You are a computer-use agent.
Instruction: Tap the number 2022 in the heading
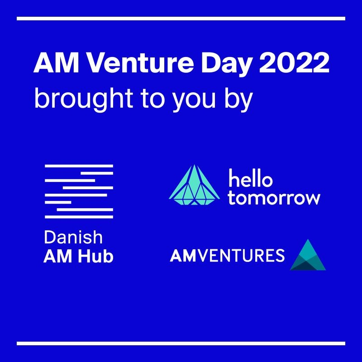tap(295, 63)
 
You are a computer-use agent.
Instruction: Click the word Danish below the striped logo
tap(73, 237)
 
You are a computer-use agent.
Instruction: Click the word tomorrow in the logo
tap(274, 198)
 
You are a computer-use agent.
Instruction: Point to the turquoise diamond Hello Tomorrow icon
tap(195, 185)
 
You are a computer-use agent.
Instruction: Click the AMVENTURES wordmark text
tap(227, 255)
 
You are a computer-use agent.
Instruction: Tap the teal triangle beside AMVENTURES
tap(308, 256)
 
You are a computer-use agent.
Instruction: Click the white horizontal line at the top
tap(181, 19)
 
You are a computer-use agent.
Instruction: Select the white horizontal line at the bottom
tap(181, 343)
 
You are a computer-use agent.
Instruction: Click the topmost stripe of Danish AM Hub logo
tap(79, 166)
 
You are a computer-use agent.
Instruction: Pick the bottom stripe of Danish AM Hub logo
tap(79, 217)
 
